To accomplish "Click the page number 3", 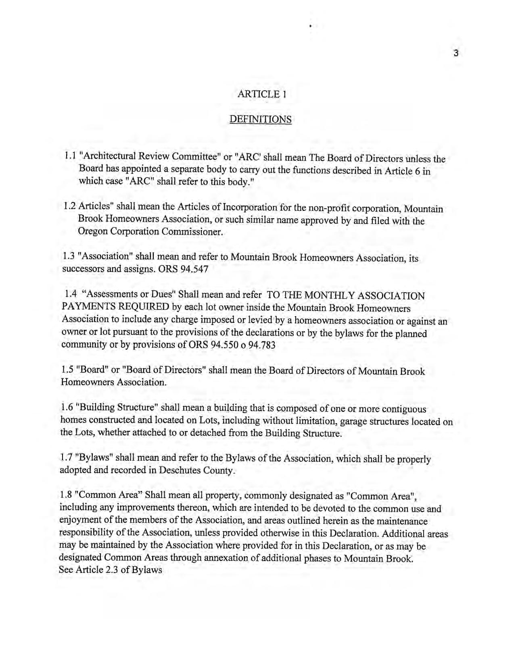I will pos(456,53).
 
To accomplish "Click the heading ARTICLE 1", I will pos(262,94).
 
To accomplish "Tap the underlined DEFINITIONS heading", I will pos(260,119).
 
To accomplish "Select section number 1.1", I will pos(71,156).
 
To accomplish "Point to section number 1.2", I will pos(70,206).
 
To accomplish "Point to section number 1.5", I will pos(68,369).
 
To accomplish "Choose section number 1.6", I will pos(67,406).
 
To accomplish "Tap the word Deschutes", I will pos(179,470).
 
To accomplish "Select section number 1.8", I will pos(67,495).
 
